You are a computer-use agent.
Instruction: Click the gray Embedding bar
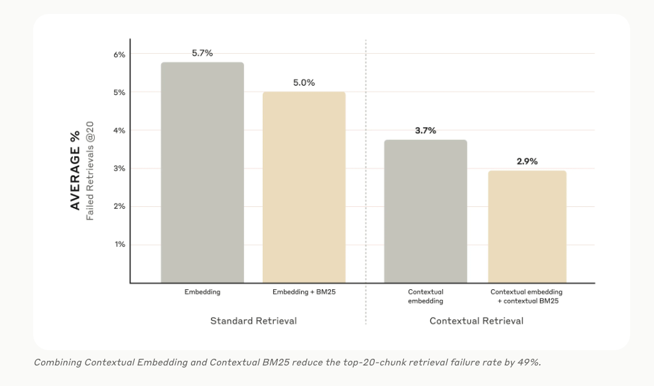(202, 172)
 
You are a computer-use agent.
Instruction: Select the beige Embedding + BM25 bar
(304, 187)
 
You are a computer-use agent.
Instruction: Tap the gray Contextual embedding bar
(425, 211)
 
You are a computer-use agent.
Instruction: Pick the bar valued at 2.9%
(527, 226)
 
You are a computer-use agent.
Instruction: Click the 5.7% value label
(202, 53)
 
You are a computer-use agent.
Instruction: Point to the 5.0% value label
(304, 83)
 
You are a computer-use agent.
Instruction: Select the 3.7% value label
(425, 131)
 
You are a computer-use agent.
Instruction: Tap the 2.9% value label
(527, 161)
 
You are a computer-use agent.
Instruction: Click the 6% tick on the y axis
(119, 54)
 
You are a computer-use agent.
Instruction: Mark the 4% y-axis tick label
(119, 131)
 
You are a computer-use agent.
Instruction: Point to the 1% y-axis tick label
(119, 245)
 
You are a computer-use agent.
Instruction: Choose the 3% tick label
(119, 168)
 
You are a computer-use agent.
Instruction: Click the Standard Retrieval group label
(253, 321)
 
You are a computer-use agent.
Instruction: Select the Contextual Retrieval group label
(476, 321)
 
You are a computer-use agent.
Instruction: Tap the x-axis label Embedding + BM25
(304, 292)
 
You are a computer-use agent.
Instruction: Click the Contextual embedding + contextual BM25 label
(527, 296)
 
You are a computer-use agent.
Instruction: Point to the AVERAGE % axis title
(75, 170)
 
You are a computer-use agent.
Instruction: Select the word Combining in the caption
(57, 362)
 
